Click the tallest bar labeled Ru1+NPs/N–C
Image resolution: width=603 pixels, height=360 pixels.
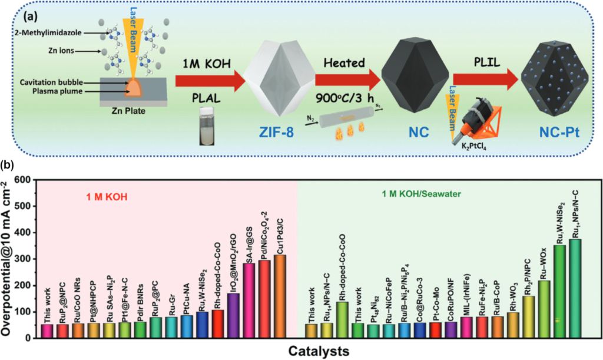(576, 289)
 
